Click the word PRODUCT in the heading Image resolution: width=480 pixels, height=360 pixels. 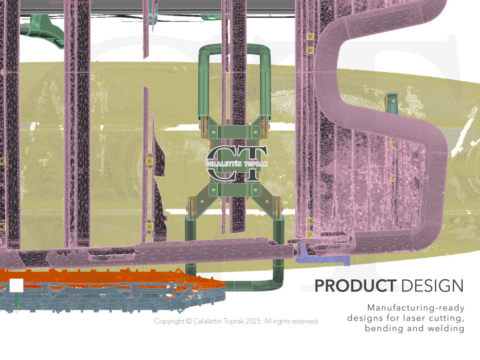(355, 286)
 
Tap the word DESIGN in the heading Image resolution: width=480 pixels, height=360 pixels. (432, 286)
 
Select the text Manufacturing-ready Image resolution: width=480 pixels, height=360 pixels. (416, 308)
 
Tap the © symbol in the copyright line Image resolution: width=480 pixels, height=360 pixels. (189, 321)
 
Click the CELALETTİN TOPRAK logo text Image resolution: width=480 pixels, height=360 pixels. (237, 164)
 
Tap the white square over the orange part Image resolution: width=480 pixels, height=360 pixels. (16, 285)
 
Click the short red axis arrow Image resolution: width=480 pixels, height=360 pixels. (31, 286)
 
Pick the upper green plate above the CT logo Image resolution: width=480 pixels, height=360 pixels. (234, 132)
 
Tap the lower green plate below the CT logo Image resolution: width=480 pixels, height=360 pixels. (235, 190)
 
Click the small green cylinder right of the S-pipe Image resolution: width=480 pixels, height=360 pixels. (392, 104)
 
